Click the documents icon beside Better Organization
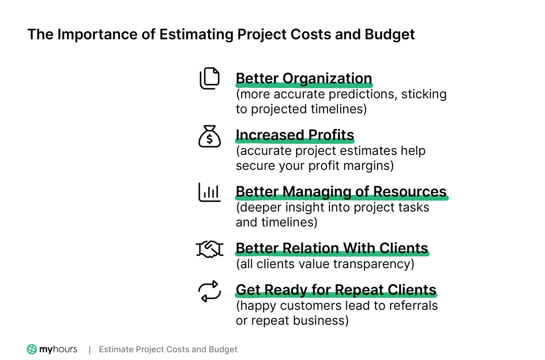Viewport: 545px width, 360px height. point(209,79)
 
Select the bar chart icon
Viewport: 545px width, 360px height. point(209,192)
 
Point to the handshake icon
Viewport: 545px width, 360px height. point(209,248)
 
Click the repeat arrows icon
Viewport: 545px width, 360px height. point(209,291)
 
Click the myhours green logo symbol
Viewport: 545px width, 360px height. point(32,349)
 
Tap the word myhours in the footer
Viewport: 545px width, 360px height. point(58,349)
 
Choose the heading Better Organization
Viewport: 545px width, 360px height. point(304,79)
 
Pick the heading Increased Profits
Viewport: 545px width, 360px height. point(295,135)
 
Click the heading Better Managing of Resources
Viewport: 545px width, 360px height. point(341,192)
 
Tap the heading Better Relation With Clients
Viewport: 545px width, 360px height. point(332,248)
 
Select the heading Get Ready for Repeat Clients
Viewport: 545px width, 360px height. point(336,290)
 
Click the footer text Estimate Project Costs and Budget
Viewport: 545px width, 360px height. point(168,349)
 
